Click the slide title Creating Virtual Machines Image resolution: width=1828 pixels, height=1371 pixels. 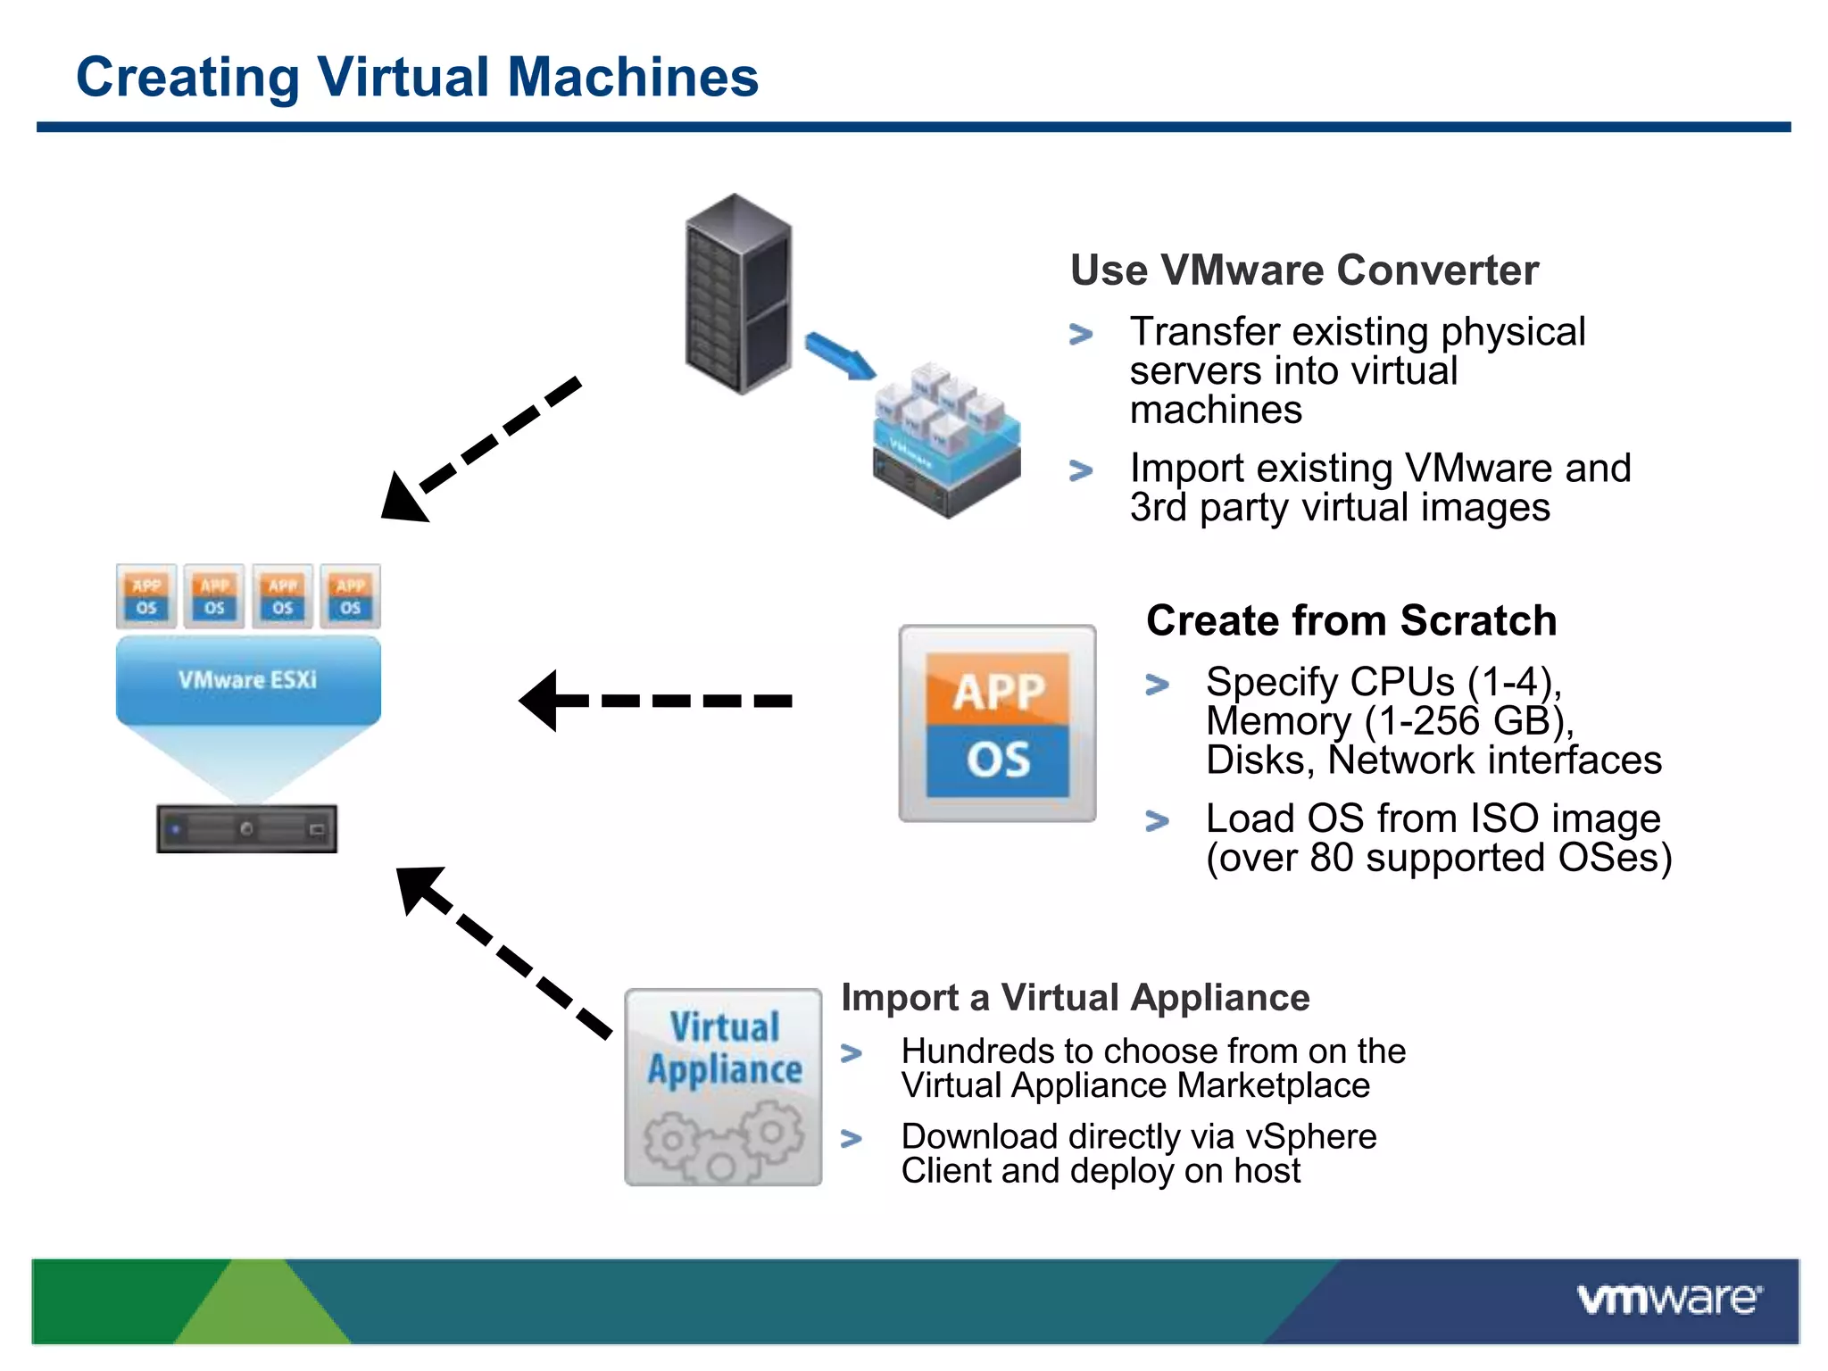pos(417,77)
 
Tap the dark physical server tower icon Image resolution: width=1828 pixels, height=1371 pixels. pos(738,295)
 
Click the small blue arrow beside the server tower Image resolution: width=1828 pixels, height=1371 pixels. pos(840,356)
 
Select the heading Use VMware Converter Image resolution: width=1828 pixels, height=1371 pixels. pos(1304,270)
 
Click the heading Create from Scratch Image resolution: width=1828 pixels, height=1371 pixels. pos(1350,620)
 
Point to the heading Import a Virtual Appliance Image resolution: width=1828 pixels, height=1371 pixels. pos(1075,997)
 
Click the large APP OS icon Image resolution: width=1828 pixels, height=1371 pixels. pos(997,724)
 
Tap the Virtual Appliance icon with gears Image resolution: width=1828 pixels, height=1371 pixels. pos(723,1087)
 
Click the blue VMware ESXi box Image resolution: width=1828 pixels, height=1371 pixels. pos(248,680)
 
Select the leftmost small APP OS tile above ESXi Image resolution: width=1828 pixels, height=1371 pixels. pos(146,596)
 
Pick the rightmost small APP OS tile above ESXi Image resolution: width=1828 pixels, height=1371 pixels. pos(350,596)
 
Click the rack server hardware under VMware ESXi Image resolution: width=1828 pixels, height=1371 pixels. pos(247,829)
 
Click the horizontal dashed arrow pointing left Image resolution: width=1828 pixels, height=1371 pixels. pos(656,701)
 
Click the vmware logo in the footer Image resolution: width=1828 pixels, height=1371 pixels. pos(1668,1300)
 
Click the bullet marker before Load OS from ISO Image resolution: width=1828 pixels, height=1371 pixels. pos(1157,820)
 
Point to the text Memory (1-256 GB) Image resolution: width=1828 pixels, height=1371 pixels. pos(1390,721)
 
